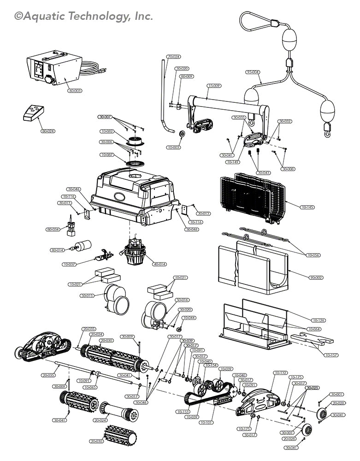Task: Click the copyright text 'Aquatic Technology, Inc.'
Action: (83, 17)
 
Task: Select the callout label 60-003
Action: (75, 91)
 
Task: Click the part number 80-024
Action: (47, 131)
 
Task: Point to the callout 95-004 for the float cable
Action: (253, 72)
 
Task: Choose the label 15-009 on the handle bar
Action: (214, 86)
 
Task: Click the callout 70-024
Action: (174, 57)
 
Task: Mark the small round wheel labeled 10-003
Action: (182, 135)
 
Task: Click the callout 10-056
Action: (313, 255)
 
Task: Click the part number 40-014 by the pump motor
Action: (159, 264)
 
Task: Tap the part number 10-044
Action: (189, 318)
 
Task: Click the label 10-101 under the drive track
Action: (208, 422)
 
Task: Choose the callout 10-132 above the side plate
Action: (281, 372)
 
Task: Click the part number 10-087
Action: (107, 155)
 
